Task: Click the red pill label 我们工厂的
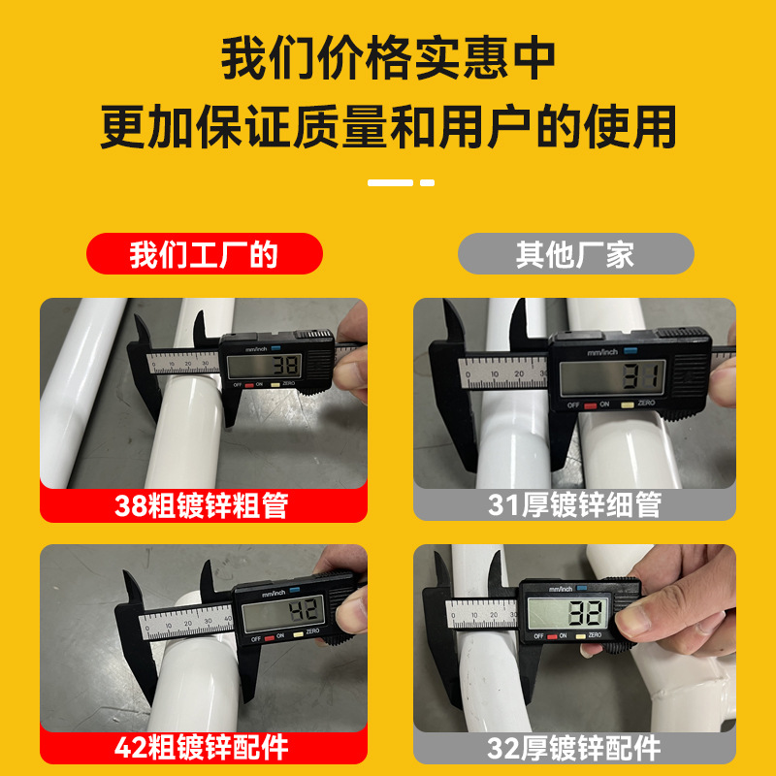tap(205, 254)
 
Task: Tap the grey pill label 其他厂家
tap(575, 254)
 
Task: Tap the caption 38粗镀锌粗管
tap(202, 505)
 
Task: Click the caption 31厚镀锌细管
tap(574, 504)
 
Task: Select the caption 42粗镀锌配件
tap(202, 747)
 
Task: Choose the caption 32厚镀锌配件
tap(574, 748)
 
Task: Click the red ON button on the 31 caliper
tap(591, 405)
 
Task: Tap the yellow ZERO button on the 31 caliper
tap(627, 405)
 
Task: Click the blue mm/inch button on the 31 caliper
tap(630, 351)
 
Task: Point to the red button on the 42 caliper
tap(270, 638)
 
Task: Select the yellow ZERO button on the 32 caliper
tap(580, 636)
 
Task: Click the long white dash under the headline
tap(390, 182)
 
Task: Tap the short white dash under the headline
tap(427, 182)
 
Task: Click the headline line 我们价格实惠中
tap(388, 58)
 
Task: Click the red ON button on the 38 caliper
tap(249, 385)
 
